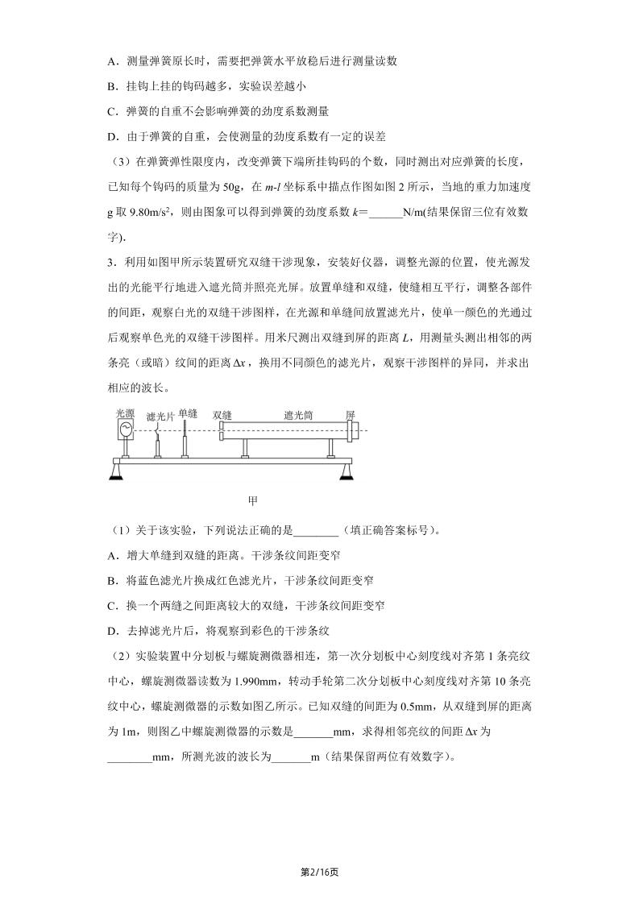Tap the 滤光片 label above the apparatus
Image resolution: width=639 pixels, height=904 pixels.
click(161, 416)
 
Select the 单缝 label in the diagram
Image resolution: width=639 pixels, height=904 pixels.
click(188, 412)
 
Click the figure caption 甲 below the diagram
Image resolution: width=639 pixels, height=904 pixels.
click(252, 500)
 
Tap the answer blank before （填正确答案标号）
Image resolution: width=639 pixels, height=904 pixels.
click(316, 529)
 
